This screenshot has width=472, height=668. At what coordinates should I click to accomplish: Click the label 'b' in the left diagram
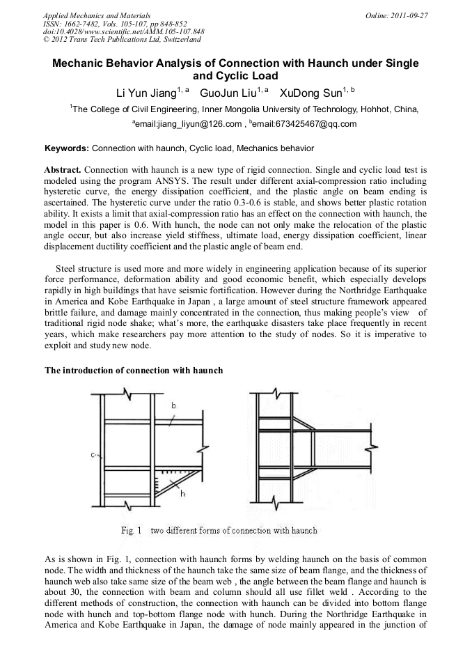pyautogui.click(x=173, y=405)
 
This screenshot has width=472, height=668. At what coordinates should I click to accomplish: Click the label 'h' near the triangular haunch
pyautogui.click(x=182, y=493)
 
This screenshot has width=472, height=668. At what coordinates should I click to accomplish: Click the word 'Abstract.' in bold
pyautogui.click(x=63, y=169)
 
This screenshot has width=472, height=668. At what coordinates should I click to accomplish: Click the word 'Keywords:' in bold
pyautogui.click(x=67, y=148)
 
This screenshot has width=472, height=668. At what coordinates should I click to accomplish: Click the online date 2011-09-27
pyautogui.click(x=409, y=15)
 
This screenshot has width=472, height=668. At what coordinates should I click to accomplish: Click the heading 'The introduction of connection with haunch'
pyautogui.click(x=134, y=370)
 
